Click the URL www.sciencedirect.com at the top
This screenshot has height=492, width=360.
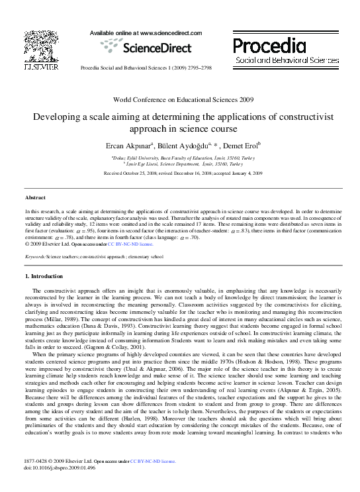coord(158,31)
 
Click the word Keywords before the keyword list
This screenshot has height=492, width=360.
coord(34,256)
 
